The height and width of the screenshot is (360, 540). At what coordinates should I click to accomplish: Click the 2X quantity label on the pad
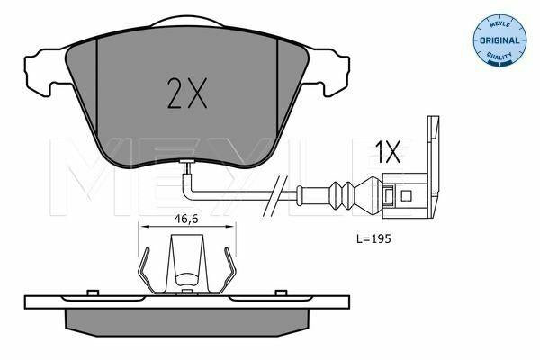[187, 93]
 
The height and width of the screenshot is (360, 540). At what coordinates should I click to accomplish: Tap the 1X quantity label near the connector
[389, 151]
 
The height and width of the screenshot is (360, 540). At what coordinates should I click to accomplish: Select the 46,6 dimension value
[186, 219]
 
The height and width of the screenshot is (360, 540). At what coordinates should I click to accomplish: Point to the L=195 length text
[373, 238]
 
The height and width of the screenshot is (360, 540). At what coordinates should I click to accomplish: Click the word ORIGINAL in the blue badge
[499, 40]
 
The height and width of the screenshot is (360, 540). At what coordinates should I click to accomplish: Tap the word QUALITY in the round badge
[499, 55]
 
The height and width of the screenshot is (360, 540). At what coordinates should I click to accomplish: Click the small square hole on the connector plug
[407, 196]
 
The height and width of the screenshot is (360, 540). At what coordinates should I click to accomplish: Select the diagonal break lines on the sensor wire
[275, 195]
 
